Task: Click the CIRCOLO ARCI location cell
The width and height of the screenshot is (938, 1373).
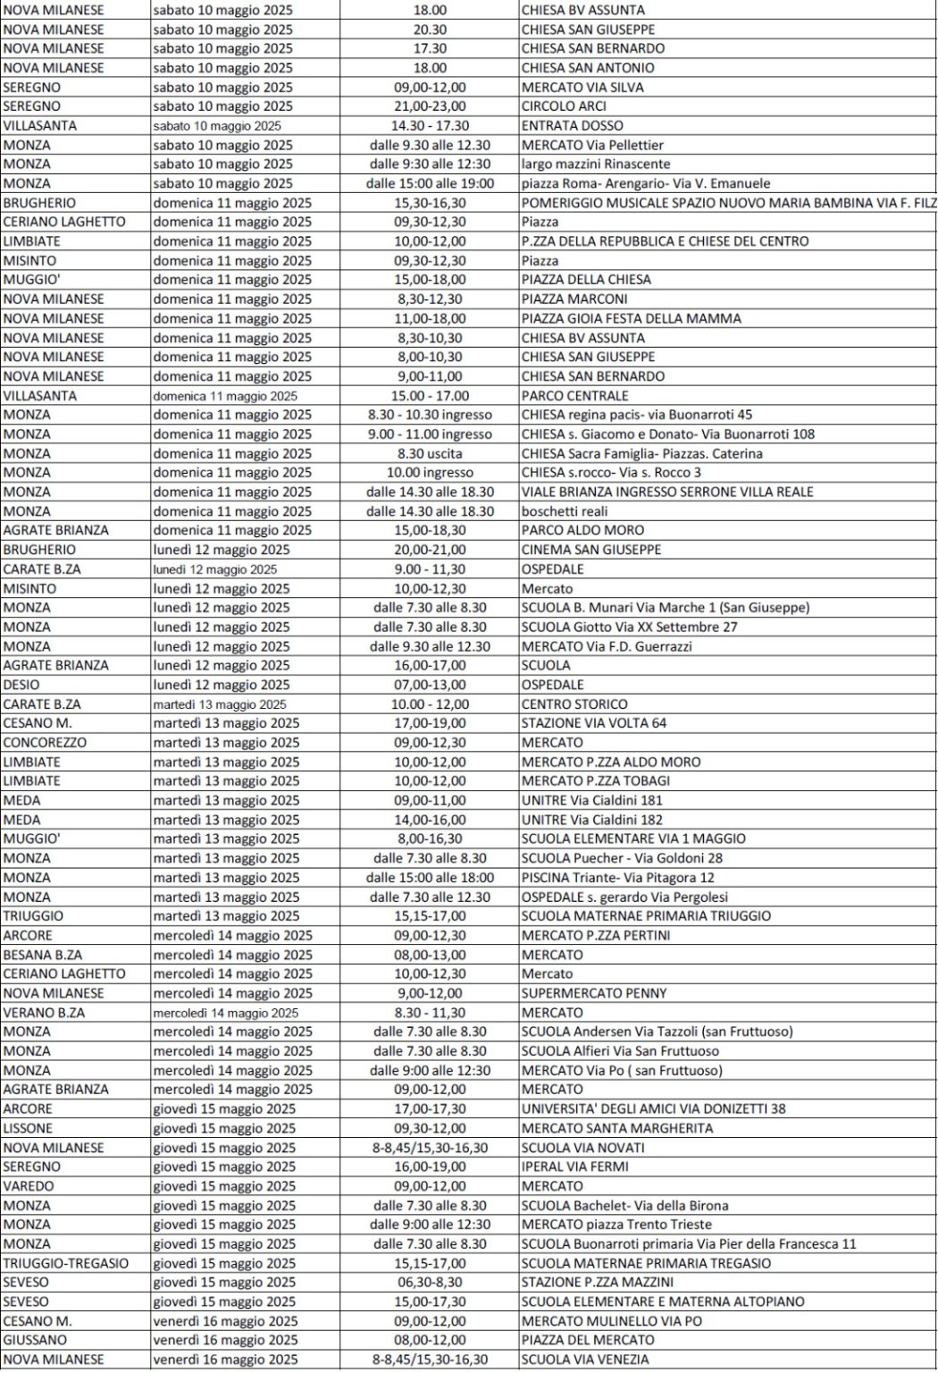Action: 564,106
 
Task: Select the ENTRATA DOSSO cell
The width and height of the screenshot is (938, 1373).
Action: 573,126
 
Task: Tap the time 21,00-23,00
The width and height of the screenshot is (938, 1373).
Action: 430,106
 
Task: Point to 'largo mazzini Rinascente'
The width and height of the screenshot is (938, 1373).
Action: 596,164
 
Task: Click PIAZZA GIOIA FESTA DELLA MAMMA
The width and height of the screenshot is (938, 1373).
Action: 632,318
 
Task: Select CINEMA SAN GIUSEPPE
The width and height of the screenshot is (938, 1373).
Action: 591,550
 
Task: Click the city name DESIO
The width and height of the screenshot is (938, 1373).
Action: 21,685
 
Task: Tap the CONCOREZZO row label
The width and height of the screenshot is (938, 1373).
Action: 45,743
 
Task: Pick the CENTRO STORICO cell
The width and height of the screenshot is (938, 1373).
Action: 574,704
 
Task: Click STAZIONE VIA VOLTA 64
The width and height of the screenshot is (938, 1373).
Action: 594,723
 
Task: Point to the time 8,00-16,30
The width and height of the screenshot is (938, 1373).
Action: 430,838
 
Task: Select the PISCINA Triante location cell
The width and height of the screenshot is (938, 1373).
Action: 618,878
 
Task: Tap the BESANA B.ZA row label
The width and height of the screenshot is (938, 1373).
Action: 43,955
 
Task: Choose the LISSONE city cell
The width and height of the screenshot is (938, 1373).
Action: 28,1128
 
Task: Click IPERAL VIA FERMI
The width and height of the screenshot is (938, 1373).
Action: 575,1167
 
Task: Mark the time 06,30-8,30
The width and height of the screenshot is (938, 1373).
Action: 430,1282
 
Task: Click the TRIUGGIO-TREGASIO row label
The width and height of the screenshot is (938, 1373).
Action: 66,1263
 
